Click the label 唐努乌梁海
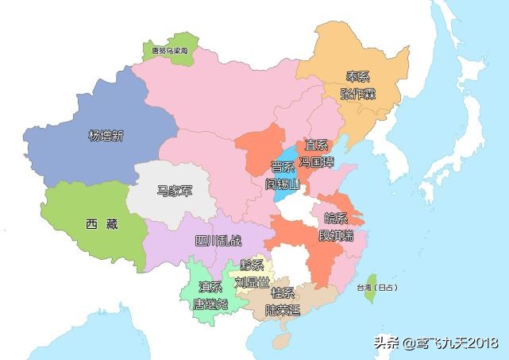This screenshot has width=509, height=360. click(169, 50)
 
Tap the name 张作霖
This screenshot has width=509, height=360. click(357, 94)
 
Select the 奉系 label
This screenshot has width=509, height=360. click(357, 77)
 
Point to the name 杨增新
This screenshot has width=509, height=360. click(106, 136)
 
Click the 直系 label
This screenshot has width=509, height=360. click(316, 145)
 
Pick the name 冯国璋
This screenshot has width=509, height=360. click(316, 161)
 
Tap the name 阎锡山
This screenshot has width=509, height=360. click(283, 184)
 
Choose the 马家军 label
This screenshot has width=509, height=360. click(173, 191)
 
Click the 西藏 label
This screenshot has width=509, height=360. click(101, 224)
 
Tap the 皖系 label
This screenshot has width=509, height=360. click(336, 218)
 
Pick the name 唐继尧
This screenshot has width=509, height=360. click(210, 303)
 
